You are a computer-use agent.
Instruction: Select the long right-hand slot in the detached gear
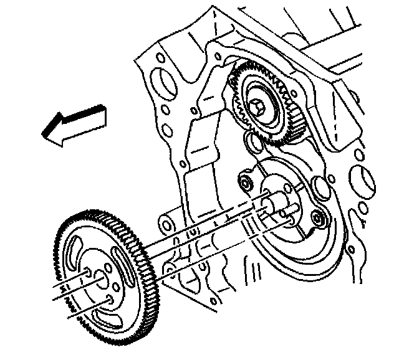124,265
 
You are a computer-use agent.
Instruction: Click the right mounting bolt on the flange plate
319,219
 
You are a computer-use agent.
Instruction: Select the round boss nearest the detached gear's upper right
166,222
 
